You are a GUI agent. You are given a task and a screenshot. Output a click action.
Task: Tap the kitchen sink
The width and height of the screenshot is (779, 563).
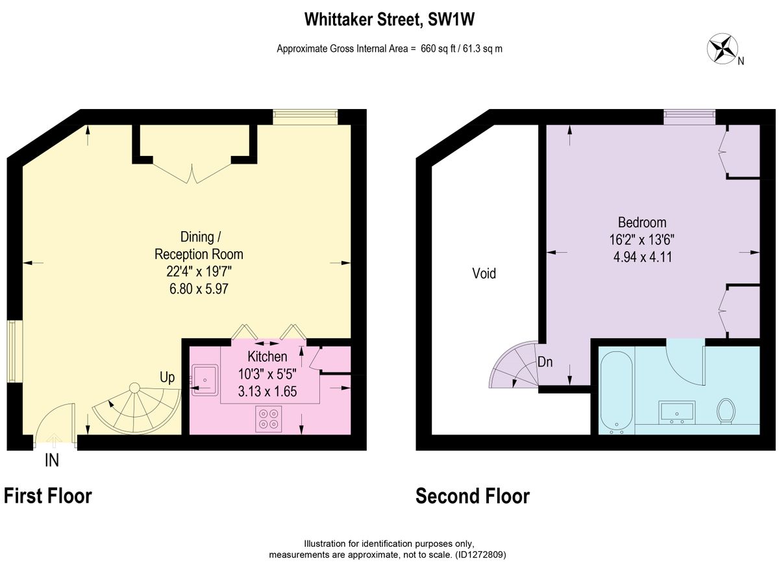pyautogui.click(x=205, y=380)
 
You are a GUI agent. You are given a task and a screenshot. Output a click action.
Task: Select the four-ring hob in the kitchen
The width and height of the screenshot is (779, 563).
pyautogui.click(x=269, y=419)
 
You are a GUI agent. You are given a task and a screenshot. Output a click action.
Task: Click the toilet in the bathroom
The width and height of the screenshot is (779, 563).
pyautogui.click(x=726, y=411)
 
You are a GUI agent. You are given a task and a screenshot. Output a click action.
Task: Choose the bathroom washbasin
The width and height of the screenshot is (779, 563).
pyautogui.click(x=676, y=412)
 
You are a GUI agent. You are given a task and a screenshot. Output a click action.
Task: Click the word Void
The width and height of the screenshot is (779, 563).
pyautogui.click(x=484, y=273)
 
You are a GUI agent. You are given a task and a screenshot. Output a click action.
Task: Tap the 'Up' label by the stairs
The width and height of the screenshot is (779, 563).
pyautogui.click(x=167, y=378)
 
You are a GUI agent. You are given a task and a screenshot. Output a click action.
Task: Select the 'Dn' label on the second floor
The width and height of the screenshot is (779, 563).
pyautogui.click(x=545, y=362)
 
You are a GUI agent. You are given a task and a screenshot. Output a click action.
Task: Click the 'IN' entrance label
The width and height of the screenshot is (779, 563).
pyautogui.click(x=52, y=460)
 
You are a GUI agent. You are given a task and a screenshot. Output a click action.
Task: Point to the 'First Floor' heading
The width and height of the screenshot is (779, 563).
pyautogui.click(x=47, y=496)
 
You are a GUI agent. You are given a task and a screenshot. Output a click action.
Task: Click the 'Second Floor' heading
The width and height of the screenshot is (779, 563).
pyautogui.click(x=473, y=496)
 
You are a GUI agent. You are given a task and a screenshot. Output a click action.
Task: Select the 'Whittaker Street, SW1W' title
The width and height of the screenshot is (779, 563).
pyautogui.click(x=389, y=19)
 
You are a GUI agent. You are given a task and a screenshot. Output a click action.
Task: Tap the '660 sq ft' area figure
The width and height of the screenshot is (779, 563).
pyautogui.click(x=438, y=49)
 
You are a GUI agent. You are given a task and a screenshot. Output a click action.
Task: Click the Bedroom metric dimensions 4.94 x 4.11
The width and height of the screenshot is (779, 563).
pyautogui.click(x=642, y=257)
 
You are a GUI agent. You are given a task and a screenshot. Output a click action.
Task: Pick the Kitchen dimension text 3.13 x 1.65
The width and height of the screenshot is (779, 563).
pyautogui.click(x=267, y=392)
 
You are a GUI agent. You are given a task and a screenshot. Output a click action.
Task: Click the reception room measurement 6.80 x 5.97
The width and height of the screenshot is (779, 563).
pyautogui.click(x=199, y=289)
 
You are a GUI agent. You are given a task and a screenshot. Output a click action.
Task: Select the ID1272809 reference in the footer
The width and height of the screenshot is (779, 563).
pyautogui.click(x=480, y=555)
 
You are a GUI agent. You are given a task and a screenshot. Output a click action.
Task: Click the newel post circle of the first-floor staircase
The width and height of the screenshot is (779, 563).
pyautogui.click(x=134, y=388)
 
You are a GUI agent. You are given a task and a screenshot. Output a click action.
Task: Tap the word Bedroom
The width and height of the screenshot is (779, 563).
pyautogui.click(x=642, y=222)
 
